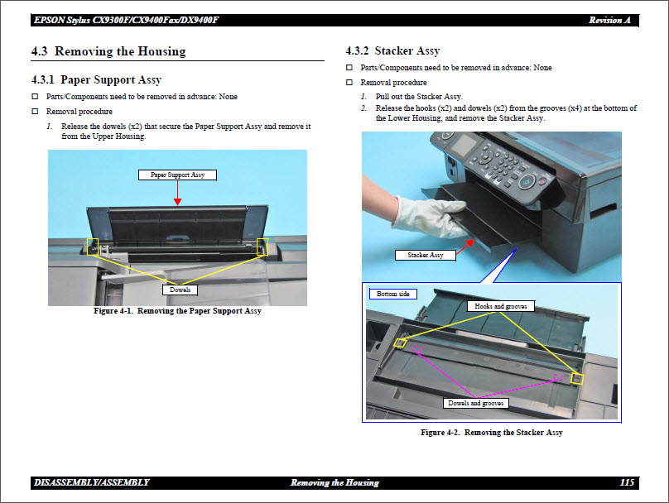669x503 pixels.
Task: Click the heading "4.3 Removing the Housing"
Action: click(x=108, y=51)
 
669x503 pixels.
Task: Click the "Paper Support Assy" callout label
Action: click(x=177, y=175)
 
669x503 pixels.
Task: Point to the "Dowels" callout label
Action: click(x=180, y=290)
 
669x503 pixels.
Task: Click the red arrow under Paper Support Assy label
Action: click(x=177, y=193)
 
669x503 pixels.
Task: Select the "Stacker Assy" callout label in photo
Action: click(x=426, y=255)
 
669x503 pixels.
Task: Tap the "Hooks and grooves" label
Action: click(x=499, y=306)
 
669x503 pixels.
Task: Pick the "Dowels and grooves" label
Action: click(x=476, y=403)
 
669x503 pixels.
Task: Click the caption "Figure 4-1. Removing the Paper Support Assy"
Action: click(x=177, y=311)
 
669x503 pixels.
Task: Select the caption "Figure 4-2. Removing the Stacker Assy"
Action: click(x=491, y=433)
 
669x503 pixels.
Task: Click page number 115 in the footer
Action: click(x=627, y=482)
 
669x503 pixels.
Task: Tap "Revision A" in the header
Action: click(x=614, y=20)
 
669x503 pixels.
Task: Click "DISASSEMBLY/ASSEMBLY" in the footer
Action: click(x=92, y=482)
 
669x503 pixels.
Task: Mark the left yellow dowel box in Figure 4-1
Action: click(x=93, y=247)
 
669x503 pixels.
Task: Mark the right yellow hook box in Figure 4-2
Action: click(x=578, y=379)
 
